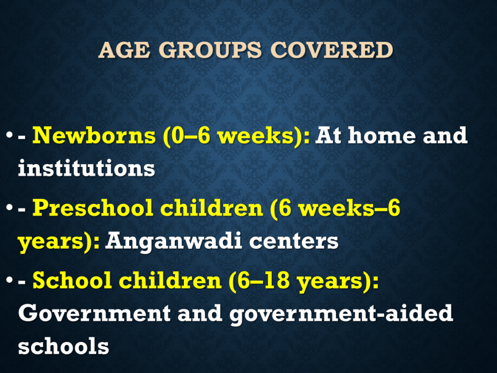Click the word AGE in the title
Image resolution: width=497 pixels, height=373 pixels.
tap(124, 50)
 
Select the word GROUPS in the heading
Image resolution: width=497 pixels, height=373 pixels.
tap(210, 50)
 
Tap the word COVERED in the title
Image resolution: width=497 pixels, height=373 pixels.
tap(331, 50)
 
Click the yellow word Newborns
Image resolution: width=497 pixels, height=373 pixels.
tap(94, 136)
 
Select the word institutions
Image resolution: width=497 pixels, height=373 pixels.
tap(86, 168)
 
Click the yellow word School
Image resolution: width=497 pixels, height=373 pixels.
tap(72, 280)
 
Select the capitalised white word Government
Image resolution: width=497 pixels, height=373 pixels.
tap(95, 313)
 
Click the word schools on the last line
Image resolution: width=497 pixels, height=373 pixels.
tap(64, 346)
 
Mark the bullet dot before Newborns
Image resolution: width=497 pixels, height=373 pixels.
tap(10, 136)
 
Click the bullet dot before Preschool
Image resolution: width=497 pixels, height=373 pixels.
tap(10, 208)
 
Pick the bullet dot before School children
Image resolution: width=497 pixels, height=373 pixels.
tap(10, 280)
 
